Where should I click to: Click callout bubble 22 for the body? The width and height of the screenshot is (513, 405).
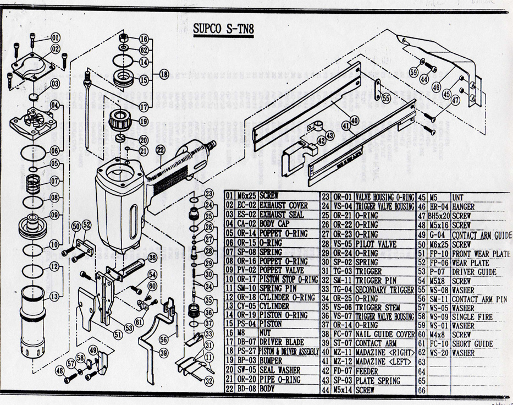(x=160, y=149)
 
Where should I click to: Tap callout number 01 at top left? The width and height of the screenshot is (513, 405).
(x=56, y=38)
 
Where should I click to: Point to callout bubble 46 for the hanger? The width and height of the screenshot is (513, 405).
(x=435, y=86)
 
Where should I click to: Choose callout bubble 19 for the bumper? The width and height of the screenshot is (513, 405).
(x=144, y=121)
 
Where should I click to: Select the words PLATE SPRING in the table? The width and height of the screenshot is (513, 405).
(x=378, y=381)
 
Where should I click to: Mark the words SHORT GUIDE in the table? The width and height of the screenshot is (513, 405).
(x=473, y=343)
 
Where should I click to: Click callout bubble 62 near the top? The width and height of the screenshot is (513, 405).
(x=144, y=50)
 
